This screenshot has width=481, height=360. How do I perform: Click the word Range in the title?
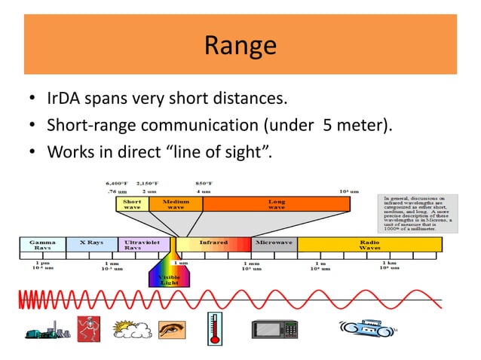point(240,46)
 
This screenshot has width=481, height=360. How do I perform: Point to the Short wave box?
point(131,203)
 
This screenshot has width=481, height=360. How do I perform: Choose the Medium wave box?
point(176,203)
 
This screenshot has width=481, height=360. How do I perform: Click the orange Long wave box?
point(277,203)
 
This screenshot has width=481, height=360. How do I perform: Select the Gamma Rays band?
point(42,245)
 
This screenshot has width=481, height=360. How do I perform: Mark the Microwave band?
point(274,244)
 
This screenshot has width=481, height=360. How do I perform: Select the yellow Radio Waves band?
point(369,245)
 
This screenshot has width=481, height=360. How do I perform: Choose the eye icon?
point(170,330)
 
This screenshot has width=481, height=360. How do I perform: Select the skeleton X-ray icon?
point(88,330)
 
